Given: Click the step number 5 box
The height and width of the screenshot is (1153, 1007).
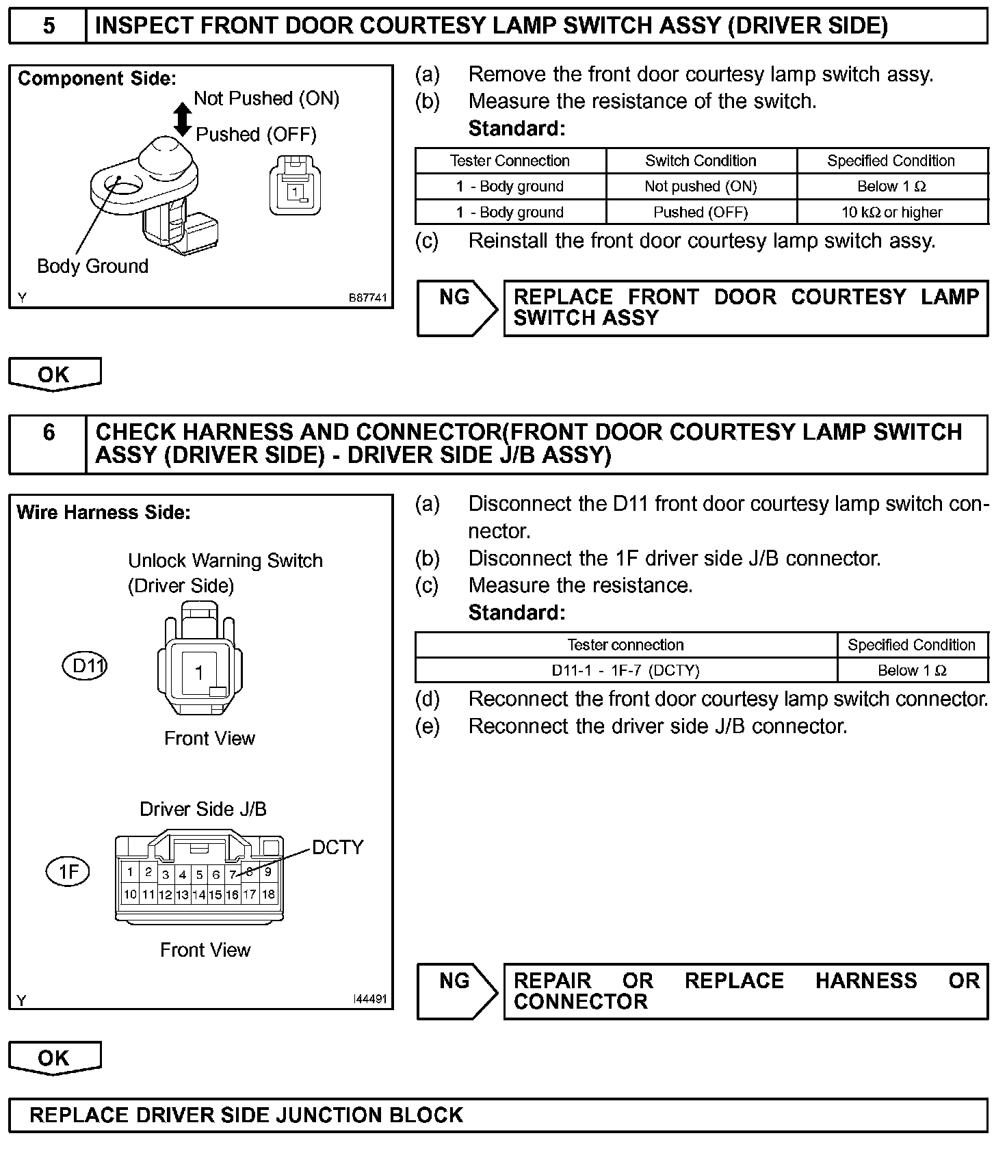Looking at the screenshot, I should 48,26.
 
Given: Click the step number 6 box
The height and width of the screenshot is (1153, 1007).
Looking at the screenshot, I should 48,444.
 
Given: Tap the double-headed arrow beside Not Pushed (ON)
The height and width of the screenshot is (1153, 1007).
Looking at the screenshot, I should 182,118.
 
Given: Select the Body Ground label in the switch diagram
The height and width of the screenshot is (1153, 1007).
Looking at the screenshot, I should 92,266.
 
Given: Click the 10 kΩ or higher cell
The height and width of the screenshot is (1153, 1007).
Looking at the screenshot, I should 892,212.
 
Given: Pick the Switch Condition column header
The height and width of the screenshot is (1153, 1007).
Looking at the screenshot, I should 701,161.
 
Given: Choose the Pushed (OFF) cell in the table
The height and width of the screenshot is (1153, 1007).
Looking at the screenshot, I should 701,212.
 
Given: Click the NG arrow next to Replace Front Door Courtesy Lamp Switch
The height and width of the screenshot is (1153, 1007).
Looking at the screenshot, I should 457,308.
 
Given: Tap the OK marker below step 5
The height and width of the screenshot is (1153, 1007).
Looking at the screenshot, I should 54,374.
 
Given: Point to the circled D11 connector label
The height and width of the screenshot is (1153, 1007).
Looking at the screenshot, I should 86,665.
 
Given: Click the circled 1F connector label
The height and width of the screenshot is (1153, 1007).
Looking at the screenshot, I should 68,871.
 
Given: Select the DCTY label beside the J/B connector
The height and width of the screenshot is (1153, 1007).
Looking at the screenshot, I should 337,847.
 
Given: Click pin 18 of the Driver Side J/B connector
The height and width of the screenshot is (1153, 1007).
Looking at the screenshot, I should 268,894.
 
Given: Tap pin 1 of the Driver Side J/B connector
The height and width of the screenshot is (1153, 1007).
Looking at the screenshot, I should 130,872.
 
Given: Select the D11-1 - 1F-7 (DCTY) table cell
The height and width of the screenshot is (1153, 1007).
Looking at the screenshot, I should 625,670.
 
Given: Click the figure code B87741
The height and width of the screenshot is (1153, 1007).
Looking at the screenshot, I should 367,297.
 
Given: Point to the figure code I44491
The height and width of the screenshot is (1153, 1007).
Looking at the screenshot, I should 369,999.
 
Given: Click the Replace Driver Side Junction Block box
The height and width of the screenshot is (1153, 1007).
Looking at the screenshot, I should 498,1115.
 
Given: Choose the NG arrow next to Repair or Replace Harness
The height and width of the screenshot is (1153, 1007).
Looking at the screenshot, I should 457,991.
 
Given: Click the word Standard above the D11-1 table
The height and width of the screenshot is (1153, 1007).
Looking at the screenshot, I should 516,612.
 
